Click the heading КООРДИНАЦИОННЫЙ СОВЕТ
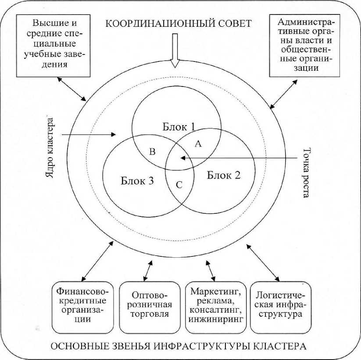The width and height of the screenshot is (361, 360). [178, 23]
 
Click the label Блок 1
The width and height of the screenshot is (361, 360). [179, 127]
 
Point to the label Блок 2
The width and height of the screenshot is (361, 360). [224, 176]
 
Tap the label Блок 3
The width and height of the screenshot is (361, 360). [137, 180]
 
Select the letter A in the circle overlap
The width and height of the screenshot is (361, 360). [197, 144]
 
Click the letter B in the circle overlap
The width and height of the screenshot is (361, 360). [153, 152]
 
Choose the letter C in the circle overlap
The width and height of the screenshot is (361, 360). [179, 184]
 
